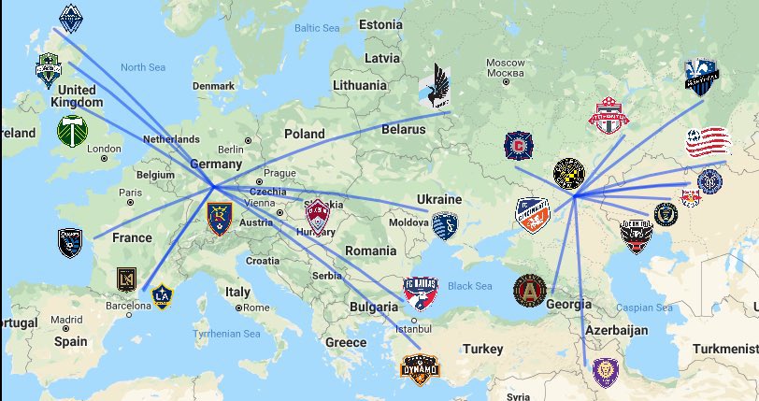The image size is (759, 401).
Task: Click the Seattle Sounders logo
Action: tap(49, 70)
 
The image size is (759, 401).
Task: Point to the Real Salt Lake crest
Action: tap(219, 218)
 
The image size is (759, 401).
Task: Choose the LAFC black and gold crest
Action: tap(125, 280)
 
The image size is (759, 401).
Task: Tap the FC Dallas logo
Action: tap(421, 294)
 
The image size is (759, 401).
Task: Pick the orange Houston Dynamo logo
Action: tap(419, 370)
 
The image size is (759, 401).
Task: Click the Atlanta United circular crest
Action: tap(529, 290)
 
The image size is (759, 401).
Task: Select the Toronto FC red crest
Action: tap(609, 117)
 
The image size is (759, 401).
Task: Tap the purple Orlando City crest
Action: tap(606, 372)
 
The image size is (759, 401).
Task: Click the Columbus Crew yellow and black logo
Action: tap(568, 174)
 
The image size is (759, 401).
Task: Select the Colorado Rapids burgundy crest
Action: tap(319, 215)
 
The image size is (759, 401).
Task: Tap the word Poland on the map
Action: tap(304, 134)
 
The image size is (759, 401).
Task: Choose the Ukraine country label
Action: tap(438, 199)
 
